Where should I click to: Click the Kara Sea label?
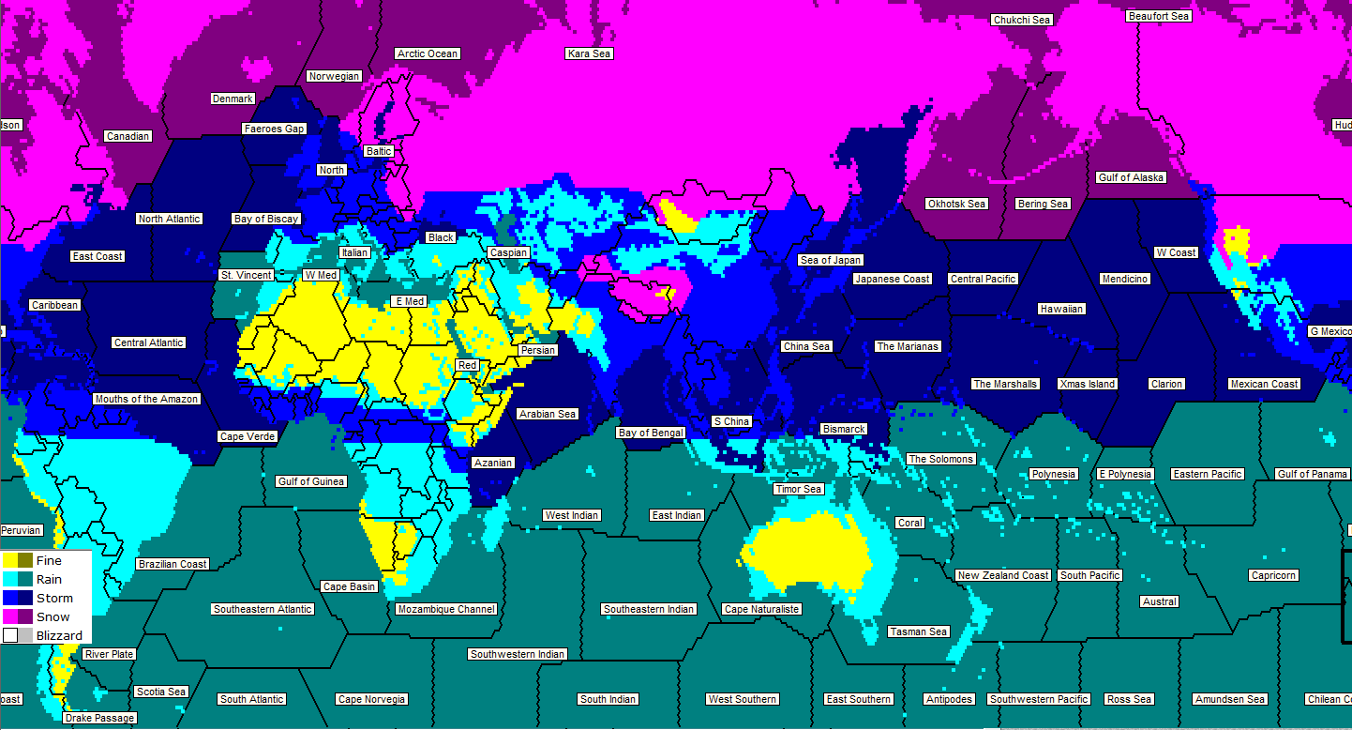589,53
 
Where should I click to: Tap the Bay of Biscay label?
266,219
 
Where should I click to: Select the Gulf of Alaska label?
1131,177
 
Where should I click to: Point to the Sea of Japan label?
830,260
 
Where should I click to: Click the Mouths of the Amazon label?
146,399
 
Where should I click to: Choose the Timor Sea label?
798,489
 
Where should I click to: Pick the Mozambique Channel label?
446,609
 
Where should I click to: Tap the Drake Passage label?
99,718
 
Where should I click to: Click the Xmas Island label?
1087,384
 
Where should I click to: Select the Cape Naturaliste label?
761,609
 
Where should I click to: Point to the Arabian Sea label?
548,414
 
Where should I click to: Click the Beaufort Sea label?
1159,16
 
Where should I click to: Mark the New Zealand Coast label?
1002,575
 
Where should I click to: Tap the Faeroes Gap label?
274,129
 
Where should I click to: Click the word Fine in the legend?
49,560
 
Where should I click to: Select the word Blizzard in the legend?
59,635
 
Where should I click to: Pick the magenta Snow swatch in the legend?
10,616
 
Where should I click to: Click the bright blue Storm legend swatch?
10,598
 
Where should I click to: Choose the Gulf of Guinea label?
310,481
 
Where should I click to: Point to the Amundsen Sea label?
1230,699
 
